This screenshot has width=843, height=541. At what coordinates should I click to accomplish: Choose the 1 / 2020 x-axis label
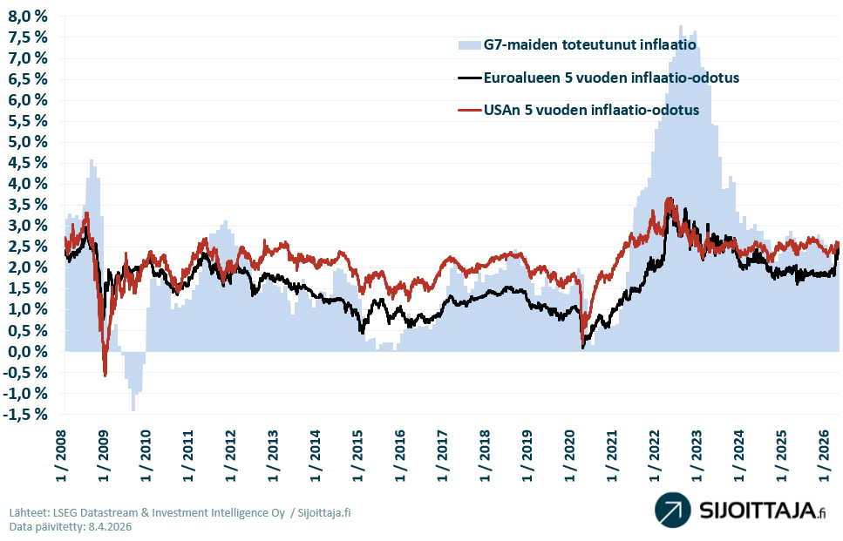click(569, 453)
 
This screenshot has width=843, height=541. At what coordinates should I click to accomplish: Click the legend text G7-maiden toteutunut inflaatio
click(589, 44)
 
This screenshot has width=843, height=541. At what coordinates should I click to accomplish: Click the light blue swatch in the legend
click(469, 44)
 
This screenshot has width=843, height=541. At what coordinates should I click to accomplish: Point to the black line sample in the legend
click(469, 78)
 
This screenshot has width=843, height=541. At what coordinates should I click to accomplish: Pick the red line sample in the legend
click(469, 112)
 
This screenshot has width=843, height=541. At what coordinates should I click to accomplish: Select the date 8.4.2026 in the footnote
click(109, 527)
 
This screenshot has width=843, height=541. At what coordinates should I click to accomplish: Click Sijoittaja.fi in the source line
click(324, 512)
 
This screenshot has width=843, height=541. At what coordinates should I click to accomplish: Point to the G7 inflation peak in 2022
click(681, 28)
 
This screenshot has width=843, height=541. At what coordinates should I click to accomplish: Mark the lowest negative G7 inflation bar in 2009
click(133, 408)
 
